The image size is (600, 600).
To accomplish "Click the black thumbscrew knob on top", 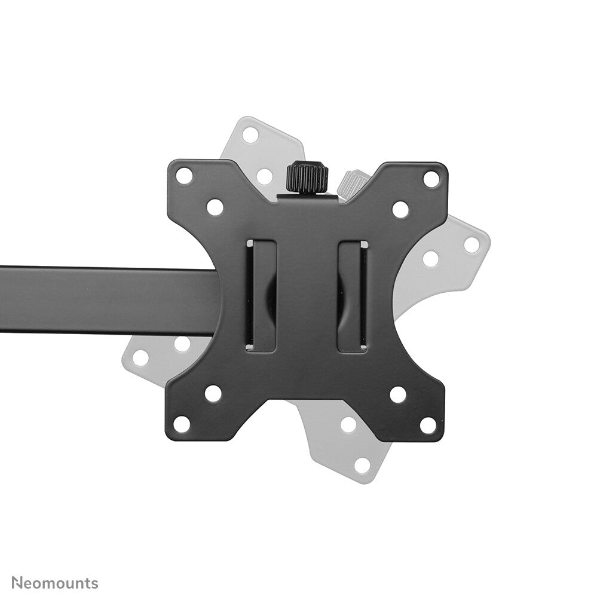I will (x=307, y=177).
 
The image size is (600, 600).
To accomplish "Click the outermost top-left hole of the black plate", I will (x=185, y=176).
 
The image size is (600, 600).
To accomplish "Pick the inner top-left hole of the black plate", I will (x=215, y=207).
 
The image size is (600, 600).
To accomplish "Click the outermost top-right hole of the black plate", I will (x=431, y=178).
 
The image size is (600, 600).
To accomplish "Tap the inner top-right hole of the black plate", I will (x=400, y=209).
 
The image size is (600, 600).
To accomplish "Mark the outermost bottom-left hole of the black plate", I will (x=182, y=424).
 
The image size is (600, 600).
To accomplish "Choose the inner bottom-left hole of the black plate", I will (x=213, y=393).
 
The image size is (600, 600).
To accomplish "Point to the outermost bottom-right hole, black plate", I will (x=428, y=425).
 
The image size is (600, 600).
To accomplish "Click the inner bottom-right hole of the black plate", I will (x=397, y=394).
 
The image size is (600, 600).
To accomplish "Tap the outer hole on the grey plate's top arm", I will (x=250, y=134).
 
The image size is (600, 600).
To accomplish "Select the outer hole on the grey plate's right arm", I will (x=472, y=244).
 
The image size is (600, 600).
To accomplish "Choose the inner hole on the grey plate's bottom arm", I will (x=347, y=425).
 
